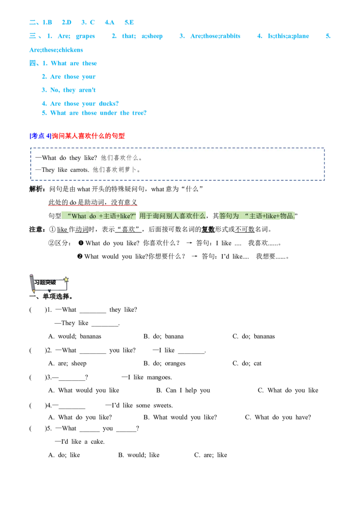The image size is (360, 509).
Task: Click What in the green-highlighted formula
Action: tap(79, 216)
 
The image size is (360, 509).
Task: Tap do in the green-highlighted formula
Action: tap(93, 216)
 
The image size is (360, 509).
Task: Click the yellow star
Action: tap(66, 279)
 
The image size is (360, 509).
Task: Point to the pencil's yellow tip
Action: tap(34, 291)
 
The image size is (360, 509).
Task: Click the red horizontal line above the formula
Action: tap(93, 206)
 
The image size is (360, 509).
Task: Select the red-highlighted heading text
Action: tap(89, 136)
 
